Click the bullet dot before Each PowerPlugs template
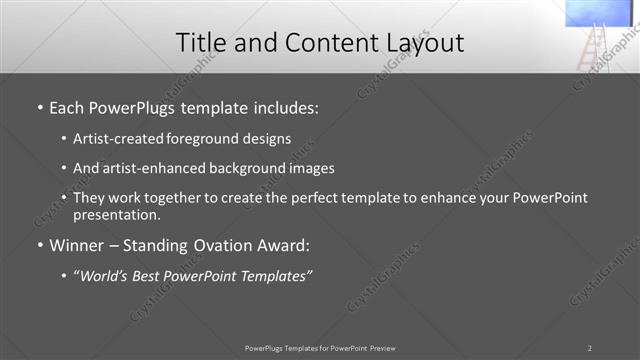39,106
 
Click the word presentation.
117,214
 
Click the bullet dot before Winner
39,245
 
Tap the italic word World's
105,275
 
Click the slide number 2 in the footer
589,348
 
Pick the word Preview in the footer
383,348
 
